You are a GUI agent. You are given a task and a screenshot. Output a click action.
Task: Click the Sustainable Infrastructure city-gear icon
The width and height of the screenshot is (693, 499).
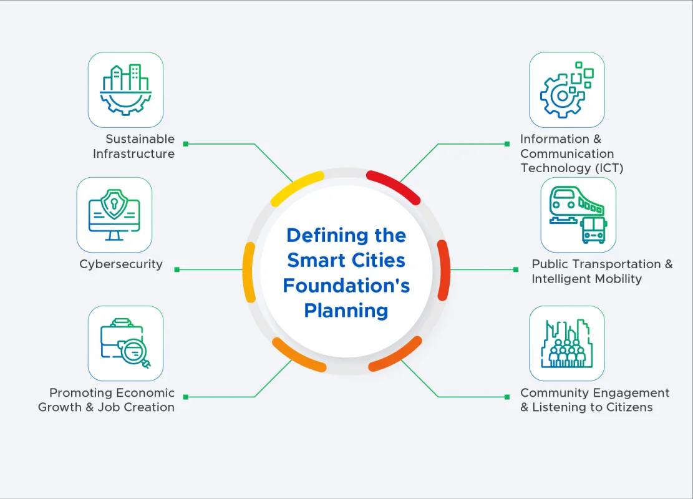[125, 90]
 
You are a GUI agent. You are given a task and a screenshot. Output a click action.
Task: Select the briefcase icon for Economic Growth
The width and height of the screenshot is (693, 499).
[125, 343]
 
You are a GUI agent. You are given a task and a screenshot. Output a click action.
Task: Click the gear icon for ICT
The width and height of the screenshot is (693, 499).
[566, 90]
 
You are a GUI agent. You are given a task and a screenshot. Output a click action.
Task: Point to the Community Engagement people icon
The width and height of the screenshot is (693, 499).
[566, 343]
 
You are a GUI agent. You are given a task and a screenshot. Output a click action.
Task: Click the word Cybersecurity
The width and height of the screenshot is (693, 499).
[121, 264]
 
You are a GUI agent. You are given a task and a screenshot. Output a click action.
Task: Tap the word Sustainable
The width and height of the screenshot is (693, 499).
[140, 139]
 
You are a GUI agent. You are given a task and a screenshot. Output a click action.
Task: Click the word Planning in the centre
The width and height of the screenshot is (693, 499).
[346, 310]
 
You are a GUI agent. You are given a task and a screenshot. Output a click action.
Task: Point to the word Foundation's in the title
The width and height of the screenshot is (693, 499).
[346, 285]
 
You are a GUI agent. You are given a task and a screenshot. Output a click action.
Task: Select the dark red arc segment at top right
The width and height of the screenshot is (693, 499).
[394, 187]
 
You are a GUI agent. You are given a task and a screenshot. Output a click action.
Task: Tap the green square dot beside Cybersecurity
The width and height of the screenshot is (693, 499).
[177, 269]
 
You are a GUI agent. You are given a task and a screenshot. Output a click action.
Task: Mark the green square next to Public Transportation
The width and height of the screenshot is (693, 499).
[516, 269]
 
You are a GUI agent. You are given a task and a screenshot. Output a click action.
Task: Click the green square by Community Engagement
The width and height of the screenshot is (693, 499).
[507, 397]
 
